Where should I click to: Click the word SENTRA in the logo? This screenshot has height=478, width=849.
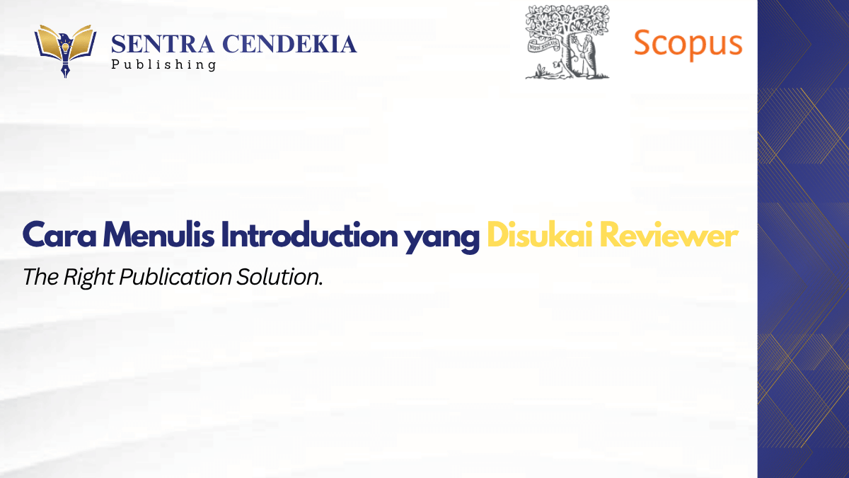point(163,44)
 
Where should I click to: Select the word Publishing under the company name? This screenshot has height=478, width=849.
point(163,64)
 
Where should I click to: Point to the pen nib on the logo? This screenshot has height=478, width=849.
point(66,69)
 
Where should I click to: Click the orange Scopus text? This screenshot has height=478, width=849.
point(688,44)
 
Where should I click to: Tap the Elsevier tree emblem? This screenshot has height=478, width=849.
point(567,42)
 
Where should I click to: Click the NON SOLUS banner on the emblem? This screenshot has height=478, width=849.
point(543,46)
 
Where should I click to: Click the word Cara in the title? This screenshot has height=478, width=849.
point(59,236)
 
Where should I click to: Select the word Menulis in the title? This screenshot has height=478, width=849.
point(158,235)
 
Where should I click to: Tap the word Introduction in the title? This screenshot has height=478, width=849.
point(309,235)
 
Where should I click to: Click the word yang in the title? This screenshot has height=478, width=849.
point(441,238)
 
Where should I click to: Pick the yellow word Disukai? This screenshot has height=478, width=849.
point(540,235)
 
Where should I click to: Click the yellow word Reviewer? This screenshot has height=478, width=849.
point(669,235)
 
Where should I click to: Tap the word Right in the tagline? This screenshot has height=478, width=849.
point(89,278)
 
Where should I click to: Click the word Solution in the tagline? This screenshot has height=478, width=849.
point(279,277)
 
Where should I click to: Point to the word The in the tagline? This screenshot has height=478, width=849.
point(41,277)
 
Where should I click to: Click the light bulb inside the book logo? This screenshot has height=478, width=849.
point(65,48)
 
